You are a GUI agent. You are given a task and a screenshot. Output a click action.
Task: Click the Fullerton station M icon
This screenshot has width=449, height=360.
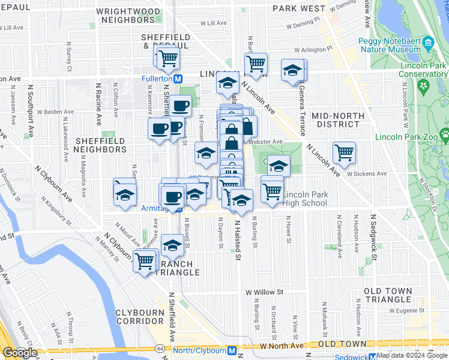(x=178, y=79)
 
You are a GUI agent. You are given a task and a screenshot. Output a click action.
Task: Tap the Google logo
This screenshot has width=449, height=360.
(x=19, y=353)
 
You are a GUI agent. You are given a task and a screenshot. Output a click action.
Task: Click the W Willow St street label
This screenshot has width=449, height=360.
(x=264, y=292)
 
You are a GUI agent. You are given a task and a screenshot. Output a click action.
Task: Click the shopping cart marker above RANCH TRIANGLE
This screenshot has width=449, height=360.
(x=145, y=260)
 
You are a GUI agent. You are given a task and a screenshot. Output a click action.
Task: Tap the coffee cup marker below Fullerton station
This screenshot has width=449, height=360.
(x=179, y=106)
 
